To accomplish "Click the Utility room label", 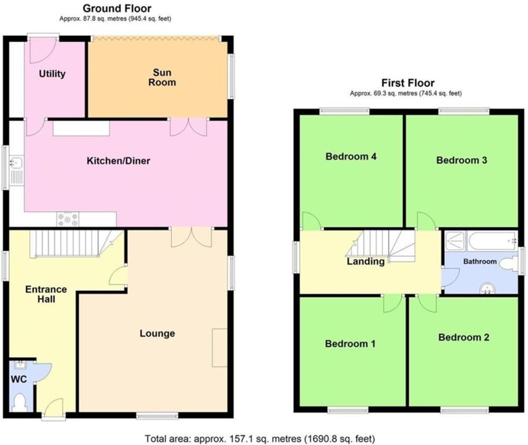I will coord(52,74).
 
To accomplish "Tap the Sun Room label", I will coord(164,78).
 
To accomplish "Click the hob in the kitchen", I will coord(67,219).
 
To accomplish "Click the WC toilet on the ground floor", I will coord(20,401).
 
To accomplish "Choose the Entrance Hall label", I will coord(46,294).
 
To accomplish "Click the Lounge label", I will coord(157,333).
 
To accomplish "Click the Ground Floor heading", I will coord(117,8).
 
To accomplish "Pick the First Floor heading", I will coord(408,83).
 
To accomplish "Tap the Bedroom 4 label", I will coord(347,156).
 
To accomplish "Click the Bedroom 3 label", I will coord(461,160).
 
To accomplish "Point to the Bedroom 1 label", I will coord(350,344).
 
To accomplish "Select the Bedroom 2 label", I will coord(463,337).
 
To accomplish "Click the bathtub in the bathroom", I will coord(490,238).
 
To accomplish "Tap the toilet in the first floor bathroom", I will coord(508,264).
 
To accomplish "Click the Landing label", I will coord(365,262).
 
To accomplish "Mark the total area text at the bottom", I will coord(263,437).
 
